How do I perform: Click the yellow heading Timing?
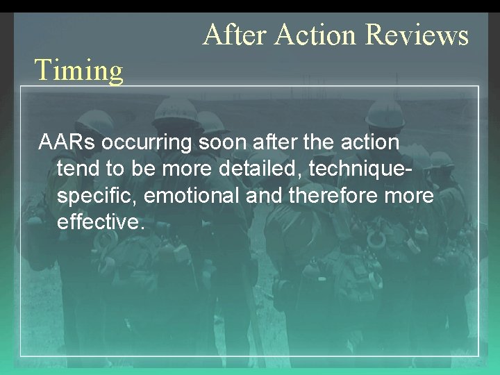(79, 70)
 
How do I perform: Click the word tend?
(78, 169)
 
